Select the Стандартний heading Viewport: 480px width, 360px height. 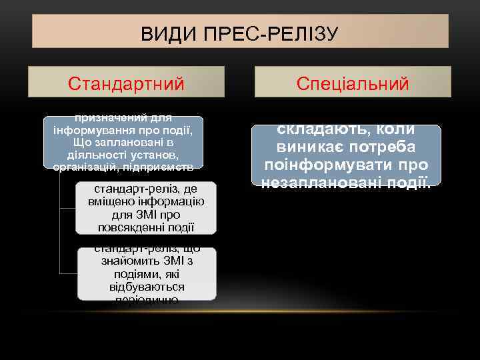coord(127,83)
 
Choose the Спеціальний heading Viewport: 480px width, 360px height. coord(353,83)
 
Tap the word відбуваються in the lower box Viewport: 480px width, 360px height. coord(147,287)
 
